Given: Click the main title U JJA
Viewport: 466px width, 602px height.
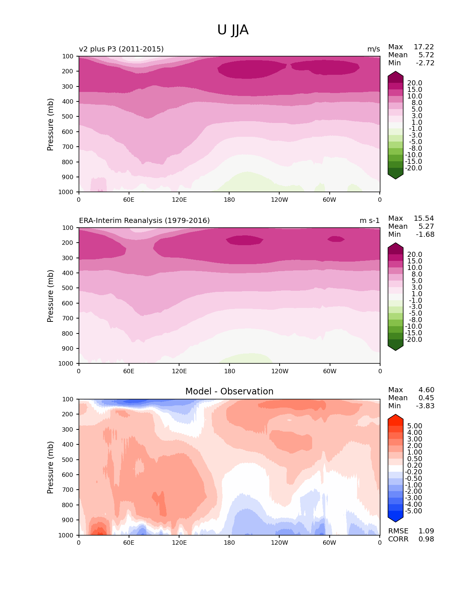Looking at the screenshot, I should [233, 30].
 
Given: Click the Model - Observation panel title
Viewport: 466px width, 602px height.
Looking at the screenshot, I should [229, 391].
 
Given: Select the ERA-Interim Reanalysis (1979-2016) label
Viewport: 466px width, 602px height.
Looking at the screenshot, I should [144, 221].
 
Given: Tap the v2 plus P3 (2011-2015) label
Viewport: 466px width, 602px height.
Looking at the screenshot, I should [121, 49].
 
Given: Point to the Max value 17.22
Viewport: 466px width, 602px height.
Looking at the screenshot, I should [424, 47].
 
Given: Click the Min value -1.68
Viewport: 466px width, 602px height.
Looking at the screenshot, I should [425, 235].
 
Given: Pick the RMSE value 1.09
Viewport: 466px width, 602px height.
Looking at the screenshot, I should [426, 531].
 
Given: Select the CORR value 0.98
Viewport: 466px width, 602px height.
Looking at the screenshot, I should [426, 539].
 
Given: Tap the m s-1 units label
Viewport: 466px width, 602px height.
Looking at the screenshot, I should [370, 221].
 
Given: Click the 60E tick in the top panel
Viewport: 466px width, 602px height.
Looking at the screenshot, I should [129, 200].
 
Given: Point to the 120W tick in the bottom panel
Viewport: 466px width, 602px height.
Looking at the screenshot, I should [280, 543].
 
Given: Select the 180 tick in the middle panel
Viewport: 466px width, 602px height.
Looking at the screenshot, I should [230, 371].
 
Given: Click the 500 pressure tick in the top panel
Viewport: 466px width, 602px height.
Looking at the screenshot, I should [68, 117].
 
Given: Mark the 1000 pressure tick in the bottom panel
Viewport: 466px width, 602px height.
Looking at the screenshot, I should [67, 535].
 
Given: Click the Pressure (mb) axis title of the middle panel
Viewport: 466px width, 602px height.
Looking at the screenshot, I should [50, 296].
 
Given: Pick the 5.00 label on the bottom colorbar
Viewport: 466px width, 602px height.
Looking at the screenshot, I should [414, 426].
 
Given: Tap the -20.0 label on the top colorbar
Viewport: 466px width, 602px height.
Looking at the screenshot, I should [413, 168].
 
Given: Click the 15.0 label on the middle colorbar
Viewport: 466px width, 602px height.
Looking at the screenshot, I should [414, 261].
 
